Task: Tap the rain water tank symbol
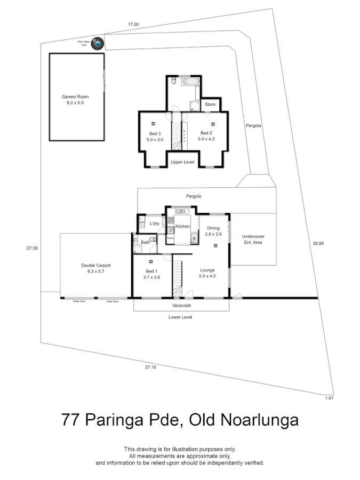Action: click(x=97, y=44)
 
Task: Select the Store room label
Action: click(x=210, y=105)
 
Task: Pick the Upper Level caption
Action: click(x=182, y=161)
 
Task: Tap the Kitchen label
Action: click(x=183, y=227)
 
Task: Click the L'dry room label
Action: click(x=155, y=223)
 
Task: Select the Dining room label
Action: click(x=213, y=228)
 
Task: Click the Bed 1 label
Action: click(x=151, y=271)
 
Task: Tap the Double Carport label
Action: click(x=95, y=265)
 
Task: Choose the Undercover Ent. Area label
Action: click(x=253, y=239)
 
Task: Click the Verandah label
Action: click(x=181, y=306)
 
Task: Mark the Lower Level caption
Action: click(x=180, y=317)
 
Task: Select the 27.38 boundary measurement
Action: click(x=32, y=248)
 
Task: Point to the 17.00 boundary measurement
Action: click(x=133, y=25)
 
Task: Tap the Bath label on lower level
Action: click(x=146, y=242)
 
